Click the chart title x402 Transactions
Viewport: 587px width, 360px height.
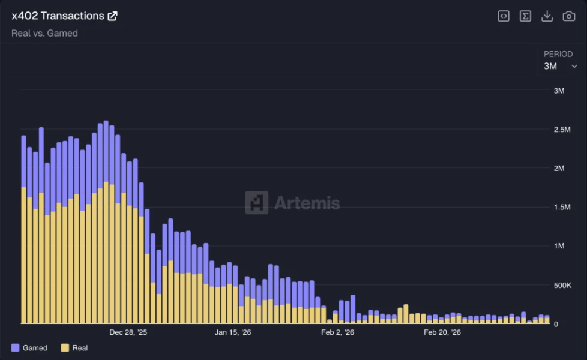click(58, 16)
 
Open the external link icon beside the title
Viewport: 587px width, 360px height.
click(112, 16)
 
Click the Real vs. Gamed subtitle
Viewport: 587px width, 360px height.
click(44, 34)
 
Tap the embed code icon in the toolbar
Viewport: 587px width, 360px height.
click(504, 16)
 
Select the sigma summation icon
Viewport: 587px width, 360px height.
click(525, 16)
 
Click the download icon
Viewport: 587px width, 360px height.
click(547, 16)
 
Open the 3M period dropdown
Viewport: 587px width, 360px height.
click(561, 66)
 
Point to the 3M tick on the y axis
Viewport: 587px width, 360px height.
click(559, 91)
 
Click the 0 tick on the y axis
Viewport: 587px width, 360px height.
click(556, 324)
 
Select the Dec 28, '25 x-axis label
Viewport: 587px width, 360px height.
click(128, 332)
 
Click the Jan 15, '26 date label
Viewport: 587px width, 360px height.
click(233, 332)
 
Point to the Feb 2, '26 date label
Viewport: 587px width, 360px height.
click(338, 332)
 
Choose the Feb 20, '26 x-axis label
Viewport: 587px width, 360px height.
click(442, 332)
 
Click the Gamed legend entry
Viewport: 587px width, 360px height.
click(29, 348)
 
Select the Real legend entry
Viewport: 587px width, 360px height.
click(74, 348)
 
